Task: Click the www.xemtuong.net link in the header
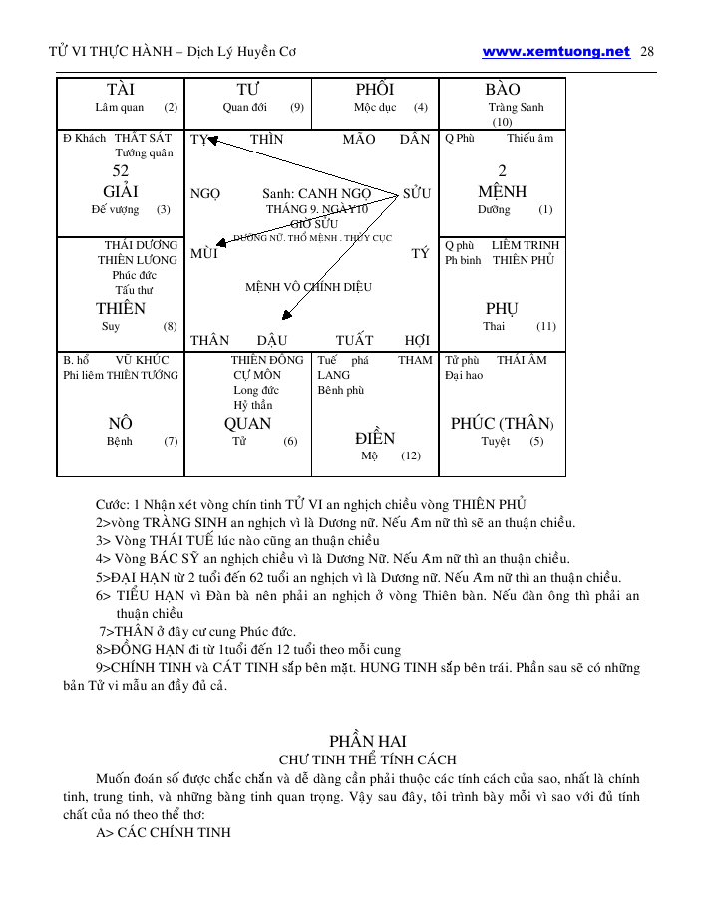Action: [x=555, y=51]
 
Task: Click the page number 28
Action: [x=646, y=51]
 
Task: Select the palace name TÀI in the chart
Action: [x=120, y=90]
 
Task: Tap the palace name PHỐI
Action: [x=374, y=90]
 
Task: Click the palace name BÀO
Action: [x=502, y=90]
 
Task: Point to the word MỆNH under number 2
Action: [x=502, y=191]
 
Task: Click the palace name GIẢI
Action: [x=120, y=191]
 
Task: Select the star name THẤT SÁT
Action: [x=144, y=139]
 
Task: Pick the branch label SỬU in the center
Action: [x=417, y=193]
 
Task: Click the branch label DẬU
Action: [x=272, y=340]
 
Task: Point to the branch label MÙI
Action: [x=204, y=254]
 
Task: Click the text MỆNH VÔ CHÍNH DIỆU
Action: [x=308, y=287]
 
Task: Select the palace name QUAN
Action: [x=247, y=424]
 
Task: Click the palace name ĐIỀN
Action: [x=375, y=438]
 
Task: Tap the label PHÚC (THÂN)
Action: [x=502, y=424]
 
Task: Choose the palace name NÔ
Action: [x=121, y=424]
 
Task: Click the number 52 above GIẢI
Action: [x=121, y=171]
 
